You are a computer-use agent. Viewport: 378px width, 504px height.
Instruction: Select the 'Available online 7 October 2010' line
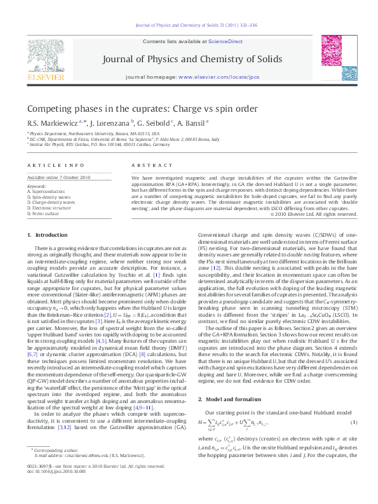click(58, 177)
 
